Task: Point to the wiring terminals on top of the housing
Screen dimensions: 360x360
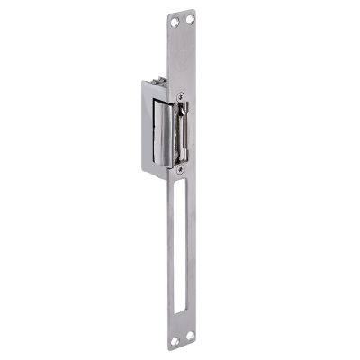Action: tap(164, 84)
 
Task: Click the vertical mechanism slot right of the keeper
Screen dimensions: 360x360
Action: tap(183, 130)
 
